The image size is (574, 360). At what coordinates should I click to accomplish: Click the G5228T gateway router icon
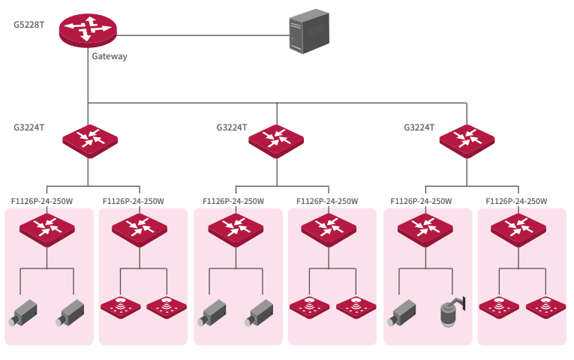[x=89, y=30]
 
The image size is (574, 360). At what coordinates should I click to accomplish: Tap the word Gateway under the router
[x=110, y=56]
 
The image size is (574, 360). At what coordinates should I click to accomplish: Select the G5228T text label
[x=29, y=24]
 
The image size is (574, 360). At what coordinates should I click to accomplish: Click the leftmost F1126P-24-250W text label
[x=42, y=201]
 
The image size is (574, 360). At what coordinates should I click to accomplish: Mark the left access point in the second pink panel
[x=120, y=305]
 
